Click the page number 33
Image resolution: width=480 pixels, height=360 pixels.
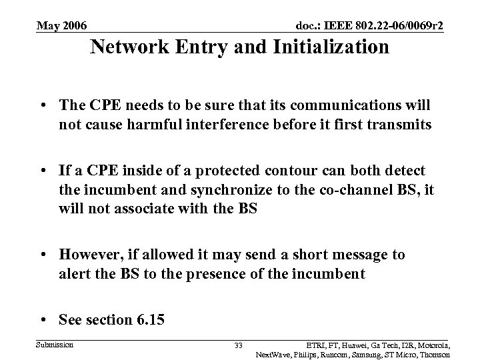[x=239, y=345]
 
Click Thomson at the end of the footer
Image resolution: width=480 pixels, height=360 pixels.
[x=432, y=354]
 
